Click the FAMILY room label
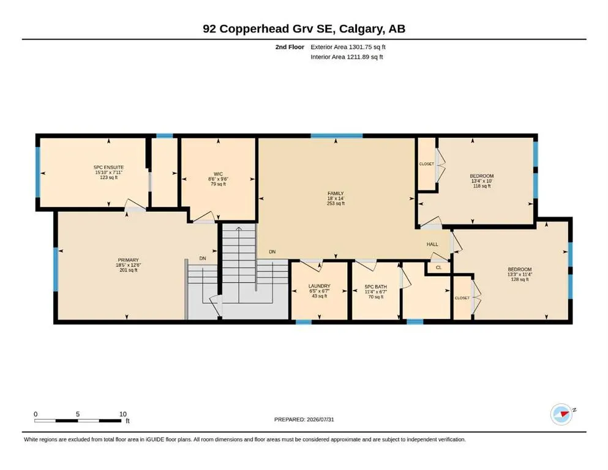[336, 193]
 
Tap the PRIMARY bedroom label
[129, 260]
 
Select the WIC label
[219, 174]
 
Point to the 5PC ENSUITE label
[108, 168]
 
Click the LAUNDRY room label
[320, 286]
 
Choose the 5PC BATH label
[376, 287]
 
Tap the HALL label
[432, 244]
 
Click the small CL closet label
[438, 267]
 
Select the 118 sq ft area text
[482, 186]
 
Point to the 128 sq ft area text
[520, 279]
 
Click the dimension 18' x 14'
[336, 198]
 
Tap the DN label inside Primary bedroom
[203, 258]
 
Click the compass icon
[561, 414]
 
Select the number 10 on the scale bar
[123, 414]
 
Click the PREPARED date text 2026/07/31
[320, 419]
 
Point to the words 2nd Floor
[290, 47]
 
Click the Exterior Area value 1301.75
[361, 47]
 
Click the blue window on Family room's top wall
[337, 136]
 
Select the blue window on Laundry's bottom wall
[304, 322]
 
